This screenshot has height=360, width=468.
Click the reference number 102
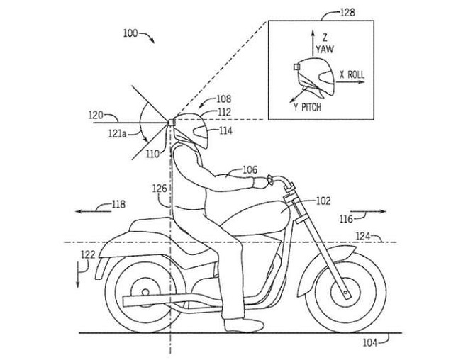pos(323,201)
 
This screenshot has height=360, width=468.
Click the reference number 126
pos(159,189)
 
